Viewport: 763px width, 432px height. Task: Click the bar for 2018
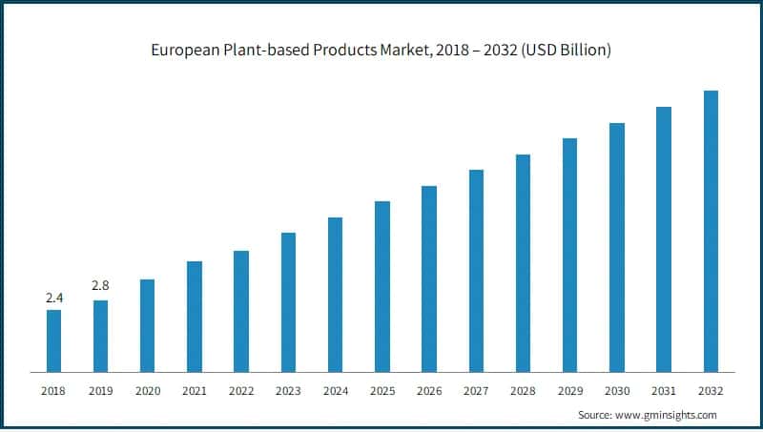click(x=53, y=340)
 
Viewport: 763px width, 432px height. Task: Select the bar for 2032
click(x=711, y=231)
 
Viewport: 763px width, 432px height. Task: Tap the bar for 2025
click(x=382, y=286)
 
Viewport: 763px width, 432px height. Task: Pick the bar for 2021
click(x=195, y=316)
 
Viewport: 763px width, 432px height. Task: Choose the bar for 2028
click(x=523, y=262)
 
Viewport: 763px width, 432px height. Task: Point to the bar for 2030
click(x=616, y=247)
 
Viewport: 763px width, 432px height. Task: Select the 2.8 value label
click(x=100, y=285)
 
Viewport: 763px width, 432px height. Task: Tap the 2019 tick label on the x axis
click(x=100, y=391)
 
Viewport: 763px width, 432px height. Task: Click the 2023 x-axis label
click(x=288, y=391)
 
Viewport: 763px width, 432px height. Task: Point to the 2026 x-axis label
click(x=429, y=391)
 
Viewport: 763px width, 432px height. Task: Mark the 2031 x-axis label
click(x=664, y=391)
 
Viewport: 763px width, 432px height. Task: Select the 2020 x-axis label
click(x=148, y=391)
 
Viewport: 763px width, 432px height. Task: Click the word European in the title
click(x=183, y=50)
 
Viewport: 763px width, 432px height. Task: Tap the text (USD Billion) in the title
click(x=564, y=50)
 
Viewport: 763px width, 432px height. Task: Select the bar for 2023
click(x=288, y=301)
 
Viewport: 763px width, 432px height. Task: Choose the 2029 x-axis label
click(x=569, y=391)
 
